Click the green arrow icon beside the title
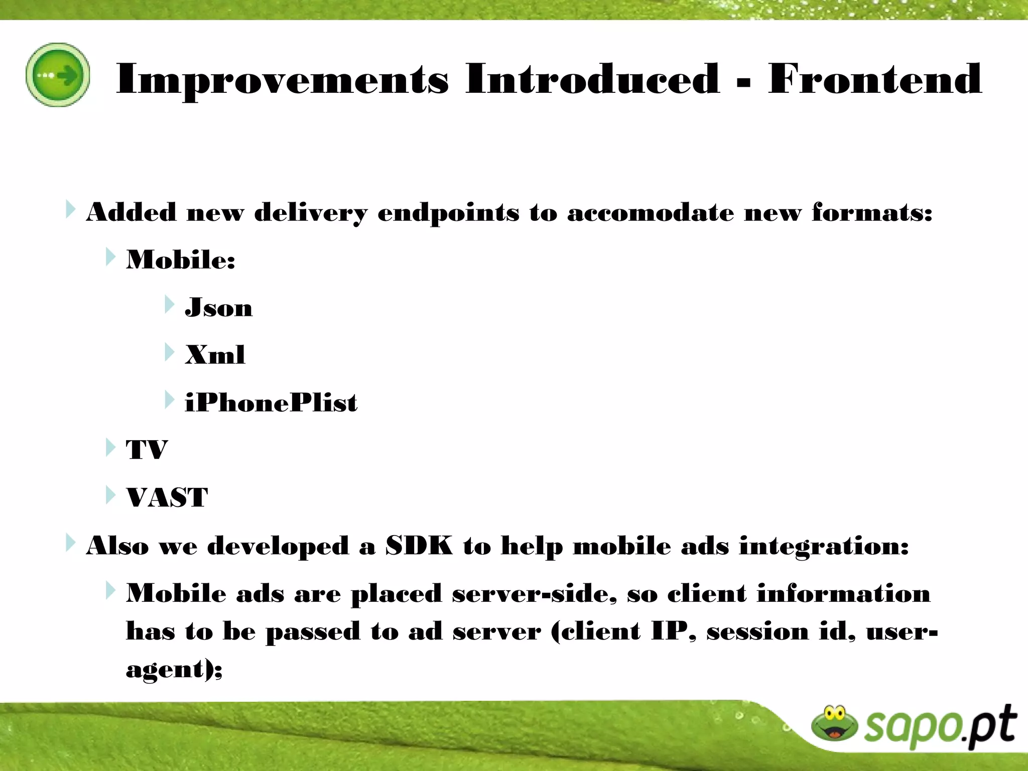pos(58,75)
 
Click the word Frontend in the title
pos(874,79)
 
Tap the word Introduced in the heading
pos(592,79)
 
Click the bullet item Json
pos(219,307)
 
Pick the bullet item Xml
pos(215,355)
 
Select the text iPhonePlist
pos(271,403)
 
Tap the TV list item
pos(147,450)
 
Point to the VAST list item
pos(167,497)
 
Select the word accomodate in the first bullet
pos(651,212)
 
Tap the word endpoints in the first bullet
pos(448,213)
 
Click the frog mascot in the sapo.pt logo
pos(835,723)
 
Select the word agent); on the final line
pos(174,670)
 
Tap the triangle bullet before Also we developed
pos(70,543)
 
